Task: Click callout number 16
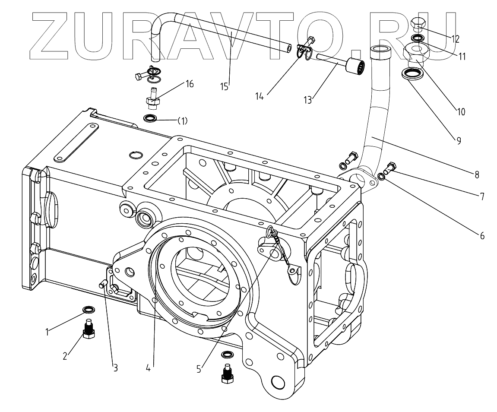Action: (189, 84)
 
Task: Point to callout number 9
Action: (458, 140)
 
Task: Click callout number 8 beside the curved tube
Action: (476, 175)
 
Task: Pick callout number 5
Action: (199, 369)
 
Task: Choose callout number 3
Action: (115, 368)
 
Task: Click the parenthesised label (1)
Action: (183, 121)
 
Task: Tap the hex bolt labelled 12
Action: (418, 25)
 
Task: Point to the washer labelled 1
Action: (89, 309)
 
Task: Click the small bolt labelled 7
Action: (391, 165)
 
